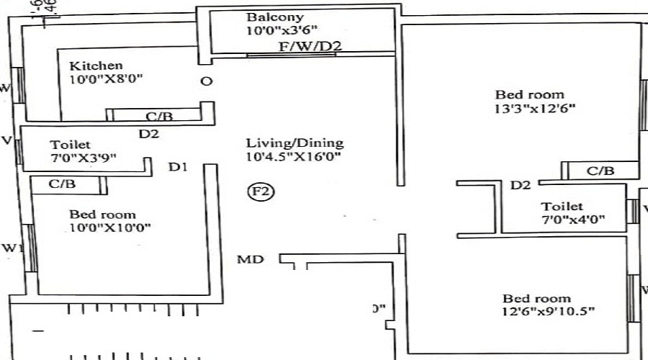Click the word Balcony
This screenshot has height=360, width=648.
[275, 17]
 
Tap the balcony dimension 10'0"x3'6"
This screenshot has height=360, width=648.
[281, 30]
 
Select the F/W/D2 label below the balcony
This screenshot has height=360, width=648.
[310, 47]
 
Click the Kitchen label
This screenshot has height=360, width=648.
[96, 66]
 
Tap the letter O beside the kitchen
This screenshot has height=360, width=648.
[206, 81]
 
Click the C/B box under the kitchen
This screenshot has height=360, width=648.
[158, 115]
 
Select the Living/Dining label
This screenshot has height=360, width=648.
[294, 143]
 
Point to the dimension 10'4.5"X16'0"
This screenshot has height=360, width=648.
[293, 156]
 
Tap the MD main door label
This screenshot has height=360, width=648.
[251, 259]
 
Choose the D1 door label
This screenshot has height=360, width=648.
[178, 167]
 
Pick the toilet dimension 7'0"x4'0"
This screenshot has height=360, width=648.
[573, 220]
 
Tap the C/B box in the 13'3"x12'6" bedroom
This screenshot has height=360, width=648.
[600, 171]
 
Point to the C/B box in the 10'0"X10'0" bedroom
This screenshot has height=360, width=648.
[62, 184]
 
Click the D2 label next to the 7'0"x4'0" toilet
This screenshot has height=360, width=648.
[520, 186]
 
